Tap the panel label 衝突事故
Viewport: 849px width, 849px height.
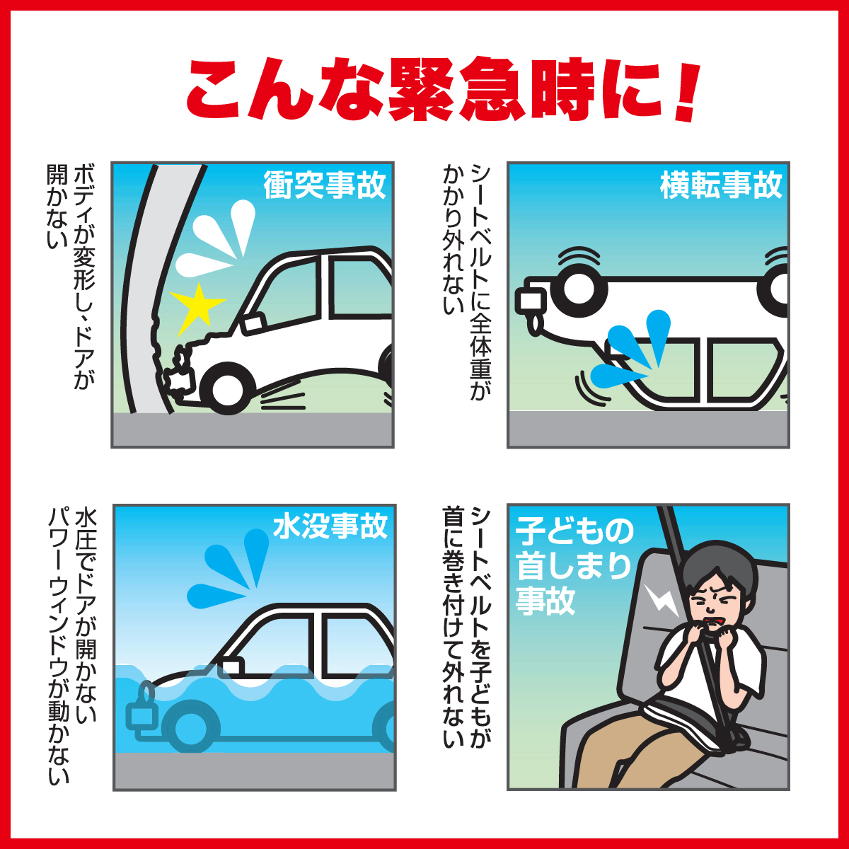324,185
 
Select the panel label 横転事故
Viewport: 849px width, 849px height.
720,185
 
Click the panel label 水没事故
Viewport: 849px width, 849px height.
330,526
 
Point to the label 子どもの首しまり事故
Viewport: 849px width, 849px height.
573,566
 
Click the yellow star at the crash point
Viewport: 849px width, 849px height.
199,308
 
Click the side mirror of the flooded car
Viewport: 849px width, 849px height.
230,667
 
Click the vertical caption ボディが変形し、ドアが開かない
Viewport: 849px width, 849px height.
70,276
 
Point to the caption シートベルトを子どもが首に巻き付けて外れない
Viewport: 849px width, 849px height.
467,626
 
